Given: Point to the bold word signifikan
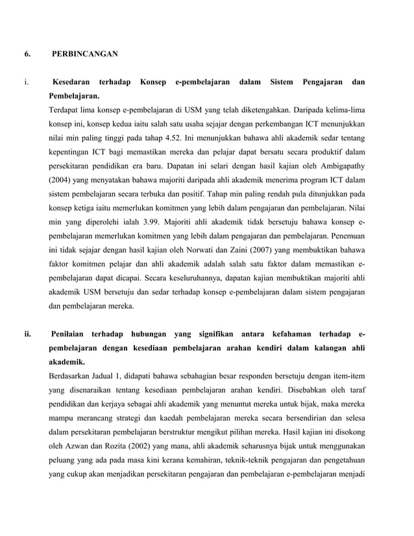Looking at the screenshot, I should point(212,334).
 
